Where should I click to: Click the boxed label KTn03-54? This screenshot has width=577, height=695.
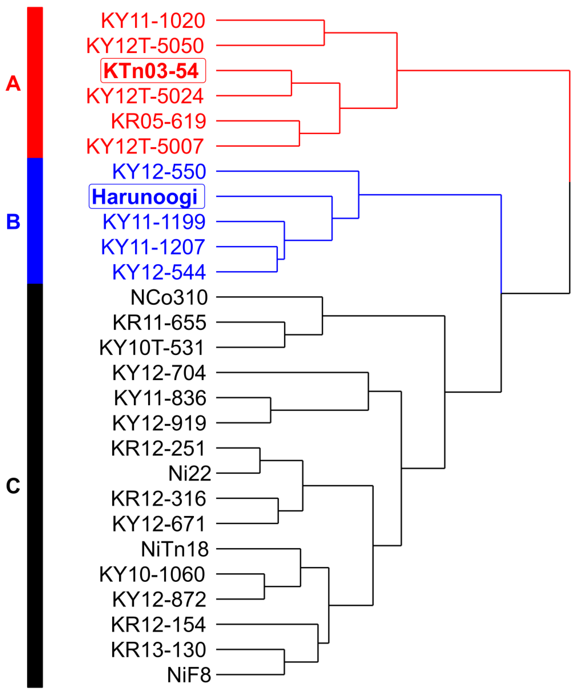coord(153,71)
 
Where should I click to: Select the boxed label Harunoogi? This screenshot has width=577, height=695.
coord(147,197)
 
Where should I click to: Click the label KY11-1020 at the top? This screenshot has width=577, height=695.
coord(153,21)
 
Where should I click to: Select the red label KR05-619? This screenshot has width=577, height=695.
coord(159,121)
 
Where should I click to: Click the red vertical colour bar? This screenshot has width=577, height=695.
coord(35,83)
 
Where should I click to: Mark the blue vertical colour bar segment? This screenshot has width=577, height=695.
coord(35,221)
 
